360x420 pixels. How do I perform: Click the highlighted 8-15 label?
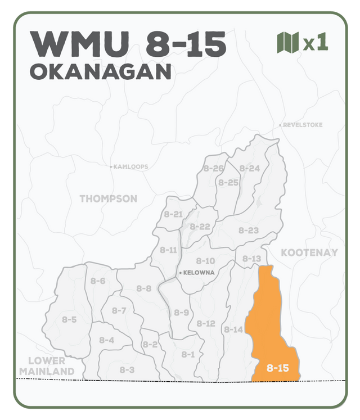pos(277,368)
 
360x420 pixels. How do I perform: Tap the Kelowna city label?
pos(196,273)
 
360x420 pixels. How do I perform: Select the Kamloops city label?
pos(130,167)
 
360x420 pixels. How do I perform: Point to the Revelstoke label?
pos(302,124)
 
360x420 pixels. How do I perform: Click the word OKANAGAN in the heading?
pos(100,71)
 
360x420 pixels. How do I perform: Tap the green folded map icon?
pos(287,42)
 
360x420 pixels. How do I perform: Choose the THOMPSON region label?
pos(108,198)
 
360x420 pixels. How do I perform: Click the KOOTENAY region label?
pos(309,252)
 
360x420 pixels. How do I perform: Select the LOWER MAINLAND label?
pos(47,366)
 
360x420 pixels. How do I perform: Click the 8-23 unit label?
pos(248,231)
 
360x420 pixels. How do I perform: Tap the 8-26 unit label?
pos(214,168)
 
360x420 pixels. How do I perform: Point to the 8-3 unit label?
pos(127,369)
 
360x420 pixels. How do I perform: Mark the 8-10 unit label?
pos(205,261)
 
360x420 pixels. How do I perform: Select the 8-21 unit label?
pos(173,214)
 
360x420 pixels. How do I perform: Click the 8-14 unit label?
pos(233,329)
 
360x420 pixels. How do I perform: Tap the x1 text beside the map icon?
pos(316,43)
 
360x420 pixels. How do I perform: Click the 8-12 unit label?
pos(206,323)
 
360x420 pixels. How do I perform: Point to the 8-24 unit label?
pos(250,168)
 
